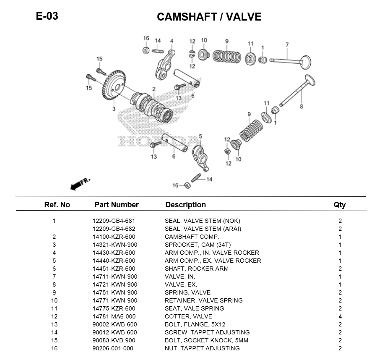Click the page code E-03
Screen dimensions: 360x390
[47, 16]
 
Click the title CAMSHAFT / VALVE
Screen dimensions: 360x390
[209, 17]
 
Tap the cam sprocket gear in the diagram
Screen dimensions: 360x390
[114, 86]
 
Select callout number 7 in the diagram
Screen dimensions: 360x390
[287, 44]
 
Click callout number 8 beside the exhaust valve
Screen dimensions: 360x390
[301, 107]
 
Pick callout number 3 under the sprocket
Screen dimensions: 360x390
[113, 109]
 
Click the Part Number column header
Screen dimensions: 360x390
[116, 205]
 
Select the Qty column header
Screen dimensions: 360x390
[340, 205]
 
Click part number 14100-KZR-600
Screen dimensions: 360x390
[114, 237]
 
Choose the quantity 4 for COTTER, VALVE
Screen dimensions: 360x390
[340, 316]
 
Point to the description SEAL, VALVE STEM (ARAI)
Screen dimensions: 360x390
[203, 229]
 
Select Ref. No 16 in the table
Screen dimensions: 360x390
[54, 348]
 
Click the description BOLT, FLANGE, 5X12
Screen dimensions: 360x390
[195, 324]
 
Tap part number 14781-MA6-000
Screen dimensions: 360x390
[114, 316]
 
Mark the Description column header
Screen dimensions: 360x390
[185, 205]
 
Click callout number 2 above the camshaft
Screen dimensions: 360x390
[154, 89]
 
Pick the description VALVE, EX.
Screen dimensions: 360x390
[180, 284]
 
